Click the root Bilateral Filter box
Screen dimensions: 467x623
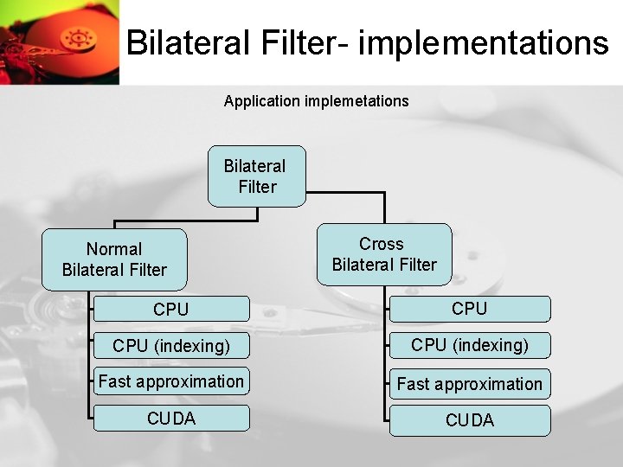pyautogui.click(x=257, y=176)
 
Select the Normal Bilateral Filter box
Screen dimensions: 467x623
pyautogui.click(x=114, y=259)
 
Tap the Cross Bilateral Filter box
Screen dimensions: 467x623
pyautogui.click(x=384, y=254)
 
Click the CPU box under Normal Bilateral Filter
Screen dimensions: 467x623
pyautogui.click(x=170, y=309)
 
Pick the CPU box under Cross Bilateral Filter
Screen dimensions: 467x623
pyautogui.click(x=469, y=309)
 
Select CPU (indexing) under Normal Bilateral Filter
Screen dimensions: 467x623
pyautogui.click(x=170, y=346)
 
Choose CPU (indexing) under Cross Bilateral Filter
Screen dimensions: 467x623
pyautogui.click(x=469, y=346)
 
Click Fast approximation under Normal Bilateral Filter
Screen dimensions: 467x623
pyautogui.click(x=170, y=381)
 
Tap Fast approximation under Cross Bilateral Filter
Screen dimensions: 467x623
pyautogui.click(x=469, y=383)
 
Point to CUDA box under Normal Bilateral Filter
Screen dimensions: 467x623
pyautogui.click(x=170, y=419)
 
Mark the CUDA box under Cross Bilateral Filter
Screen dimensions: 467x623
pyautogui.click(x=469, y=420)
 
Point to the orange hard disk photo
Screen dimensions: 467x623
pyautogui.click(x=59, y=42)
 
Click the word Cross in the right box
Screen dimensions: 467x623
pyautogui.click(x=382, y=244)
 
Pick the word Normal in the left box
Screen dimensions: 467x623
pyautogui.click(x=114, y=249)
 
